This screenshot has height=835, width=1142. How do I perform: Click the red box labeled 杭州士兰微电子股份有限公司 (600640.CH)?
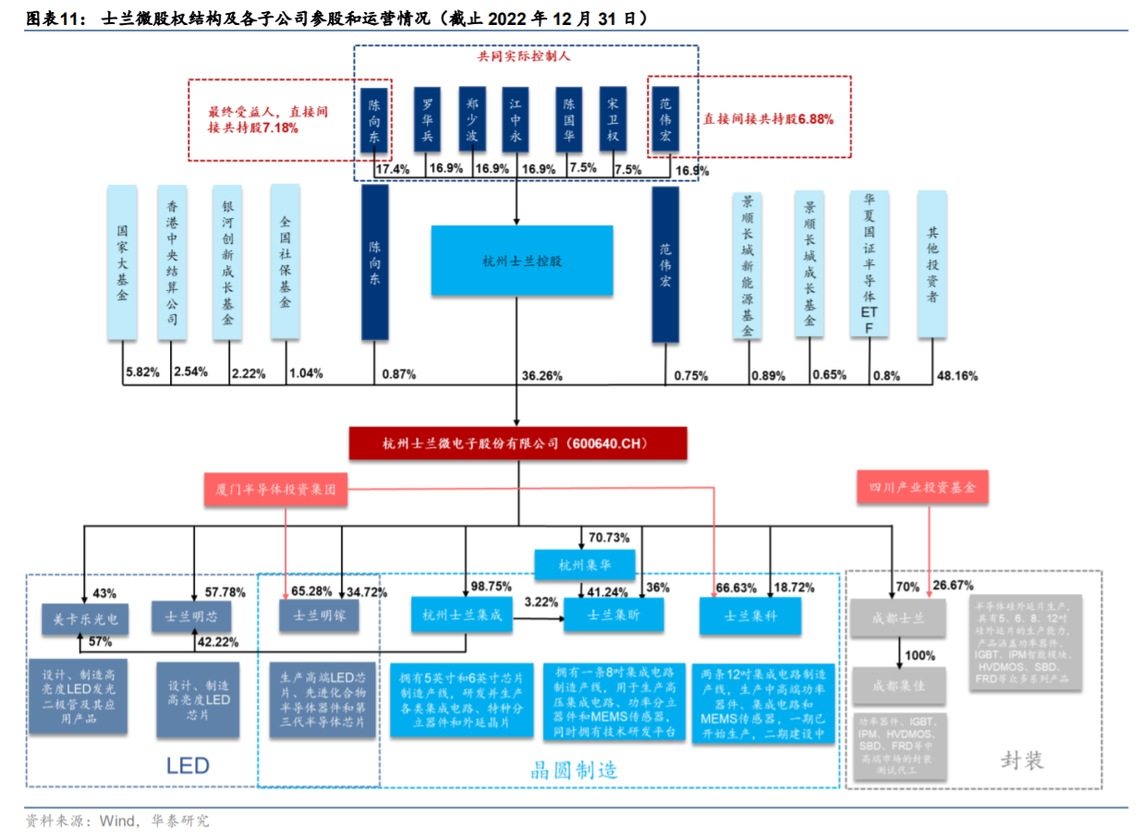click(x=517, y=443)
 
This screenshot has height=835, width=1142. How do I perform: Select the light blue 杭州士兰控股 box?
click(x=522, y=260)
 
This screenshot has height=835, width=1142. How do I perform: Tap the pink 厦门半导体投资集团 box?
click(x=275, y=490)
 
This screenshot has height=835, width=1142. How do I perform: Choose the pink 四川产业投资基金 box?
click(x=921, y=487)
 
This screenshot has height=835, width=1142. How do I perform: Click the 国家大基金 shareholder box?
click(x=122, y=262)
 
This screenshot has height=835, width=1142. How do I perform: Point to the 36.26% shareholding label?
click(x=541, y=375)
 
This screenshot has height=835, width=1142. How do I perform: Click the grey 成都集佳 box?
click(x=898, y=686)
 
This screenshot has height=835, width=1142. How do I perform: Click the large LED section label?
click(x=188, y=765)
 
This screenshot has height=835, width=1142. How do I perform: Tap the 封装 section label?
click(x=1022, y=759)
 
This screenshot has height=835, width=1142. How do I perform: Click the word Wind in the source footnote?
click(x=116, y=820)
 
